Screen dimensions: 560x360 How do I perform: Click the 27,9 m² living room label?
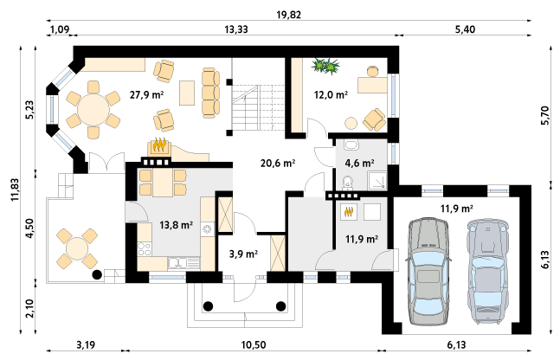point(146,94)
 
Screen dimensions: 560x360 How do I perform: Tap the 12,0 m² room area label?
point(331,94)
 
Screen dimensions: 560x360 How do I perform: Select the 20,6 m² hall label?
point(278,164)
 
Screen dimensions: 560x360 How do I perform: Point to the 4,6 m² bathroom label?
point(359,164)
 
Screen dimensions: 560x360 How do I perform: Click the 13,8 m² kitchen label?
point(176,225)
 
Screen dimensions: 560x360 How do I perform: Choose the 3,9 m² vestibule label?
point(243,254)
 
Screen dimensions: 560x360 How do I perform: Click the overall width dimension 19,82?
point(288,15)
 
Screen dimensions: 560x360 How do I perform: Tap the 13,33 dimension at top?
point(235,29)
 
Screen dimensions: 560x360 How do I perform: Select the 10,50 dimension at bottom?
point(254,345)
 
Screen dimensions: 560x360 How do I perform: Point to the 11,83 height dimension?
point(15,190)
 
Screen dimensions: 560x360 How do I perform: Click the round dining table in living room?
point(93,110)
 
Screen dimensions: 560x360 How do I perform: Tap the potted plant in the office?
point(325,67)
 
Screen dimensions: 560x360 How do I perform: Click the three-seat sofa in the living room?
point(210,93)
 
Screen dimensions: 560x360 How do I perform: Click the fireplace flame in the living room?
point(159,145)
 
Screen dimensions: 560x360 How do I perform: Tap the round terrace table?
point(77,249)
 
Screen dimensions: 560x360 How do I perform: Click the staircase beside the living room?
point(258,108)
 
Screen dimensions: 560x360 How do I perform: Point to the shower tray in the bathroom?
point(377,180)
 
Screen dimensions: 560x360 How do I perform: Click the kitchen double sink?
point(177,264)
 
